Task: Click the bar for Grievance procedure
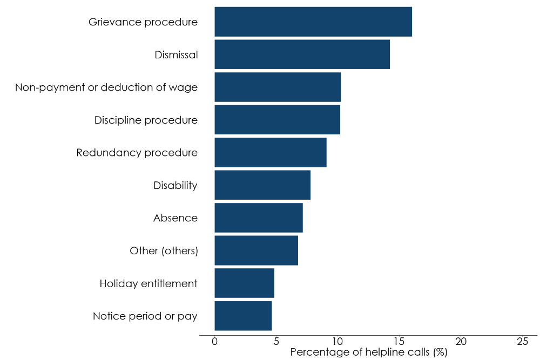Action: (x=313, y=22)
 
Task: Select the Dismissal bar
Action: (x=302, y=55)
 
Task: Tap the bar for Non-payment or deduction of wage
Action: (x=278, y=87)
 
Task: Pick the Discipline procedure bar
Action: (x=277, y=120)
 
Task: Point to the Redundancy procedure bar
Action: (x=271, y=152)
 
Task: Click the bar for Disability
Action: (x=262, y=185)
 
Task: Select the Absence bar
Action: (x=259, y=218)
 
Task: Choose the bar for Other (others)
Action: (x=256, y=250)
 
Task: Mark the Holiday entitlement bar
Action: (x=244, y=283)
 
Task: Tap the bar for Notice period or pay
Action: (x=243, y=316)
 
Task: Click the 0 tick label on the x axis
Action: (x=214, y=342)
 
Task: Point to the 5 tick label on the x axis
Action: (x=276, y=342)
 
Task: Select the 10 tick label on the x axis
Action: (x=337, y=342)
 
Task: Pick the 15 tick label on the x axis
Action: (x=399, y=342)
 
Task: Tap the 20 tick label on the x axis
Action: (x=461, y=342)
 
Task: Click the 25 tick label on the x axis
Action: (x=522, y=342)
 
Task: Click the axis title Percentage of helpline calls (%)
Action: (x=369, y=352)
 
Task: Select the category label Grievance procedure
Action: (x=143, y=22)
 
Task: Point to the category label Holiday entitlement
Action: (x=148, y=283)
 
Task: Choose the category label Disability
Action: (x=175, y=186)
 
